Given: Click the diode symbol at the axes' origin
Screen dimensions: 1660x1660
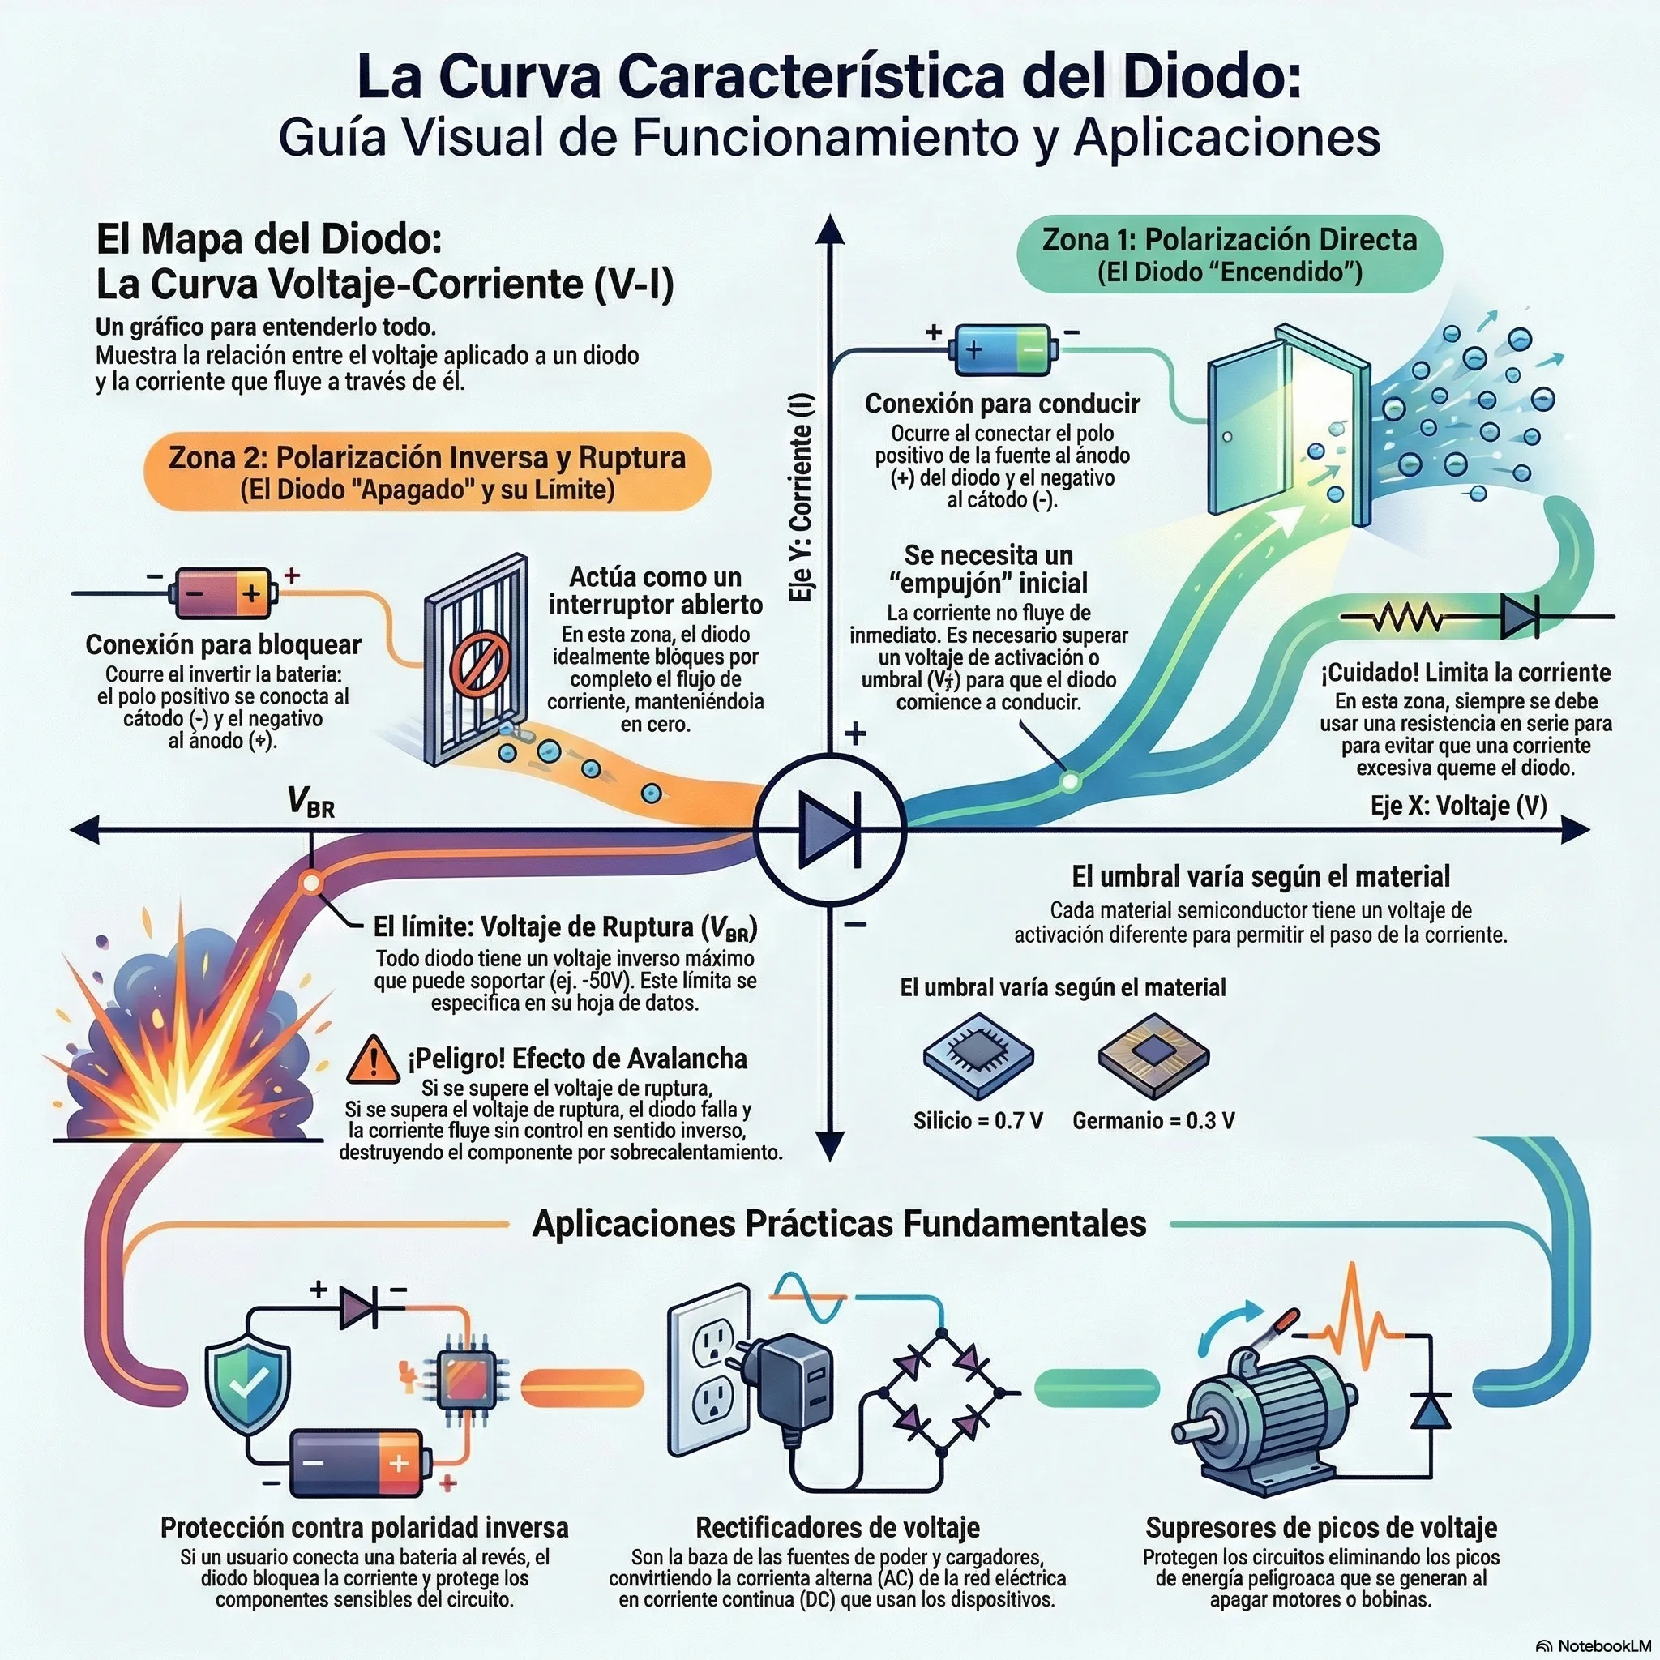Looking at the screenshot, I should [x=830, y=829].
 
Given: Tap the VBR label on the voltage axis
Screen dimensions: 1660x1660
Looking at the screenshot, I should [x=311, y=802].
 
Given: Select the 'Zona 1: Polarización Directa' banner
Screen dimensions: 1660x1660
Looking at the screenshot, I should [x=1230, y=255].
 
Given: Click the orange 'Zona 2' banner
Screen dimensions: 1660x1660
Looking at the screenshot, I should [x=427, y=472].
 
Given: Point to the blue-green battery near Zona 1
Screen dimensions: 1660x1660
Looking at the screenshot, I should [x=1003, y=350].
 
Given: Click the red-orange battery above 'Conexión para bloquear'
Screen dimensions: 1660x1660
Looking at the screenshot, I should [x=224, y=592].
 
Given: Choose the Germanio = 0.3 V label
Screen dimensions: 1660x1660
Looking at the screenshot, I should [x=1153, y=1120].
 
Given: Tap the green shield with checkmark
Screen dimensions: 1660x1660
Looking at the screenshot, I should [x=247, y=1384].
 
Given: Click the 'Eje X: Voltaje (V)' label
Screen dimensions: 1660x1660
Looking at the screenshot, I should [x=1458, y=805].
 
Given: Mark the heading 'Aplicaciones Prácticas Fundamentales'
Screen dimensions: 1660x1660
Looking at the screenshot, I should [x=839, y=1223].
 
